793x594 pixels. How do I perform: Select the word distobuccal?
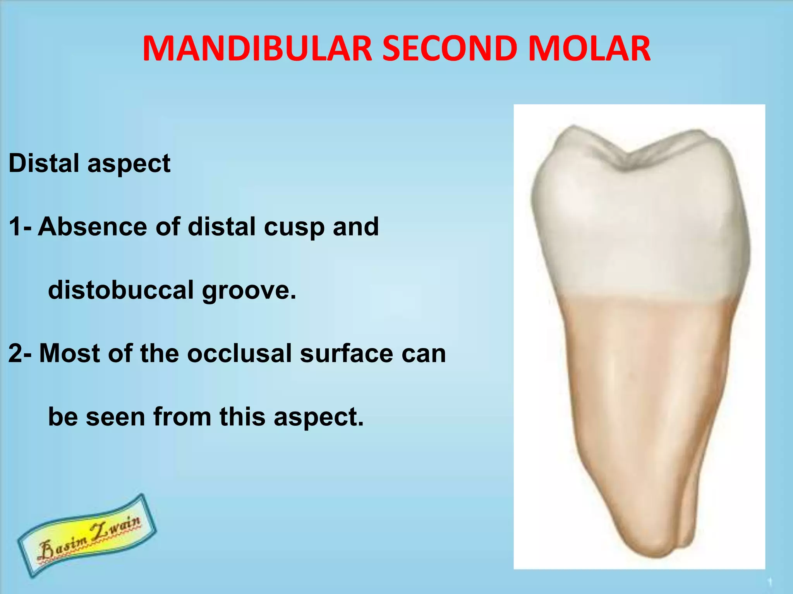tap(120, 290)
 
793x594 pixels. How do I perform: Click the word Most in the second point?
tap(70, 353)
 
